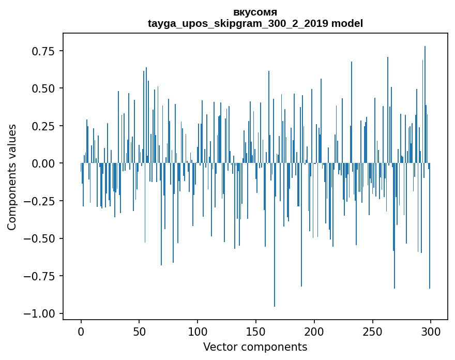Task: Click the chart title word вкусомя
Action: point(255,12)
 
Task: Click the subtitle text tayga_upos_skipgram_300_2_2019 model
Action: point(255,23)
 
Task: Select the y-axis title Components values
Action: point(12,177)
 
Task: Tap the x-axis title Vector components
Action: point(255,347)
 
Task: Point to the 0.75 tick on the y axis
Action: point(44,51)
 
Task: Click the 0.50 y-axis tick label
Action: point(44,88)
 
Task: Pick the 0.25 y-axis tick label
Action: point(44,126)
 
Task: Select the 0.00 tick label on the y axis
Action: point(44,163)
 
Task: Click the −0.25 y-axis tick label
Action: point(40,201)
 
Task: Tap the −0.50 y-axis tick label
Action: point(40,238)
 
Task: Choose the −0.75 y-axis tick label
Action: point(40,276)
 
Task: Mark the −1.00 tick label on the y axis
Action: point(40,314)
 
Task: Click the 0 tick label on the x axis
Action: point(81,332)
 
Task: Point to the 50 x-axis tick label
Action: point(139,332)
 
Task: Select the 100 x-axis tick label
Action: point(198,332)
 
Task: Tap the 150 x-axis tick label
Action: point(255,332)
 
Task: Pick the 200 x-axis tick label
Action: point(314,332)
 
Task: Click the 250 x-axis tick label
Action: point(372,332)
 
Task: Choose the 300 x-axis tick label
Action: point(430,332)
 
